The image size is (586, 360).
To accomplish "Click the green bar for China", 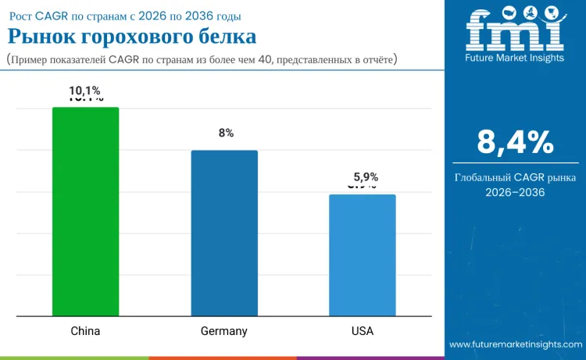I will pos(85,212).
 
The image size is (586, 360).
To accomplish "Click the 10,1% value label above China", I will pos(85,91).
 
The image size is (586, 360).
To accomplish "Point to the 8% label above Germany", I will pos(226,134).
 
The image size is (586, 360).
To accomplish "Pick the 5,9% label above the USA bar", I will pos(363,177).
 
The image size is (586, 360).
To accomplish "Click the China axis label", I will pos(85,331).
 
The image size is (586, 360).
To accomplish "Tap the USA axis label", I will pos(362,331).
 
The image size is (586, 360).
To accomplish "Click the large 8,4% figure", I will pos(515,142).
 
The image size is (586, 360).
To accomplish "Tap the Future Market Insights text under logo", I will pos(515,58).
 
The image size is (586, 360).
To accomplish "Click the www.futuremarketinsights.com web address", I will pos(515,344).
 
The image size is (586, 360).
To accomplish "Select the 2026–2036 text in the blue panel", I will pos(515,192).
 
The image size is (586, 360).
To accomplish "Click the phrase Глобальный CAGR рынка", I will pos(515,177).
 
